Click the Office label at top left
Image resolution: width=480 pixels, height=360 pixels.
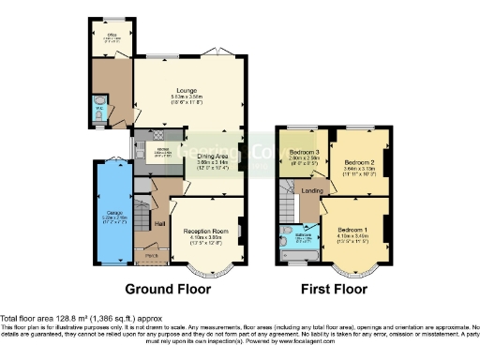[x=110, y=37]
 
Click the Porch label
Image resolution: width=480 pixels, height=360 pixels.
[x=150, y=253]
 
